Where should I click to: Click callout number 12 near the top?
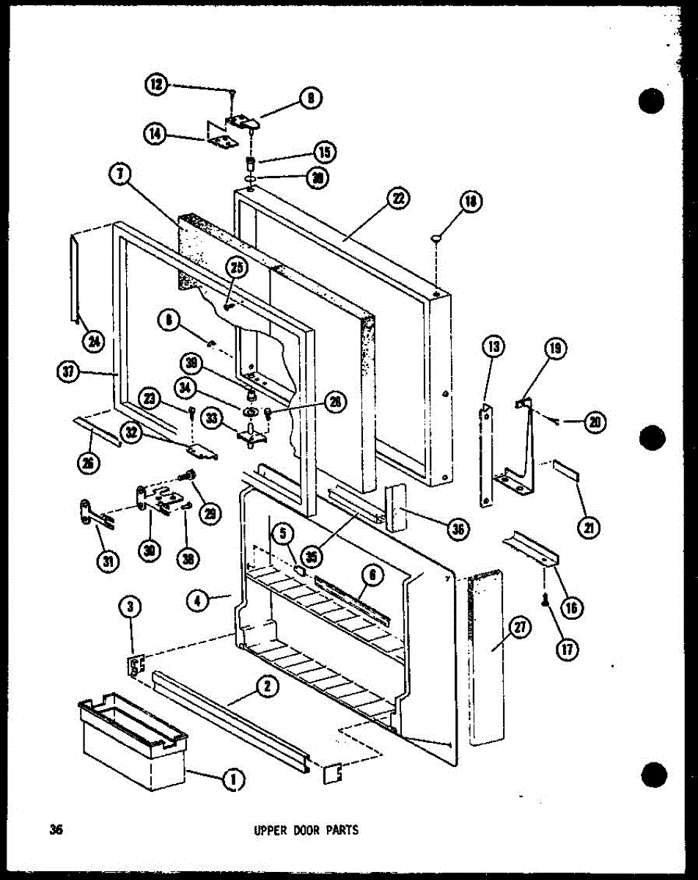coord(155,85)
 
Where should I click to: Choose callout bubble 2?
coord(267,687)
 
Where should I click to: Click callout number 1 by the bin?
coord(233,782)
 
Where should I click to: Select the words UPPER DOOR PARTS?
coord(306,831)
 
